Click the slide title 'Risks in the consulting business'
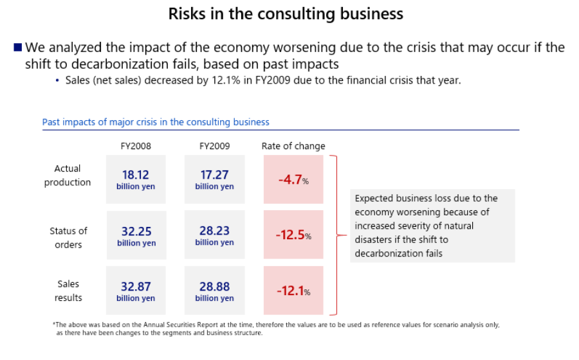[286, 14]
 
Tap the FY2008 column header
[136, 146]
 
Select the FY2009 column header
[214, 146]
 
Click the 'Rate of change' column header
[293, 146]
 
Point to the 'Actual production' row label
[68, 175]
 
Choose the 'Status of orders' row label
[68, 237]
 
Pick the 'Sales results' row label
[68, 291]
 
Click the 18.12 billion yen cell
[136, 179]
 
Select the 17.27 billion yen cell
[214, 179]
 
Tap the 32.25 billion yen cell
[136, 235]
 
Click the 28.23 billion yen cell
[214, 235]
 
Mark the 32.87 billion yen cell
[136, 291]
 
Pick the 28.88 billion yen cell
[214, 291]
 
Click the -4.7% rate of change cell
[293, 180]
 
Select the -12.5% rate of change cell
[293, 235]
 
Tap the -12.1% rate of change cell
[293, 291]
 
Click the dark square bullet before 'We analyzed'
[18, 48]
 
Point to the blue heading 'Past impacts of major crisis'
[156, 122]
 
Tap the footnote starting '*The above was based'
[277, 328]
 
